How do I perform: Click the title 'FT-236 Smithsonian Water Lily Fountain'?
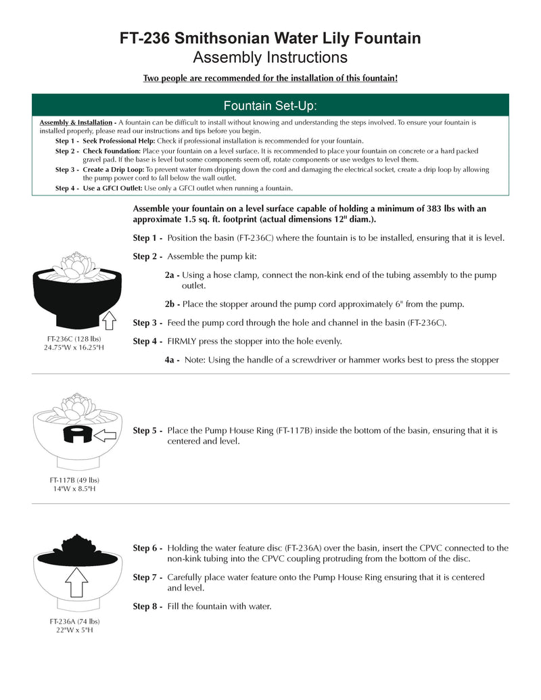[270, 38]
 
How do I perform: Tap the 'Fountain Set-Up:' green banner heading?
[270, 106]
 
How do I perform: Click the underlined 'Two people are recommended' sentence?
[270, 78]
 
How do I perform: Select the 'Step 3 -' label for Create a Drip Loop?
[67, 169]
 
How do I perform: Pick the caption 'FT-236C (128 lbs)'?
[74, 338]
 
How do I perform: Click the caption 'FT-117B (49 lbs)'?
[74, 480]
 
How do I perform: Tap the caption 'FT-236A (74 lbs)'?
[74, 621]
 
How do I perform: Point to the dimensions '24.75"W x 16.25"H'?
[74, 348]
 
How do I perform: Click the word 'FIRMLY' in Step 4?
[183, 341]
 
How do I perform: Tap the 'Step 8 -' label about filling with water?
[147, 606]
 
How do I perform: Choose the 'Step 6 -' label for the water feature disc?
[147, 548]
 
